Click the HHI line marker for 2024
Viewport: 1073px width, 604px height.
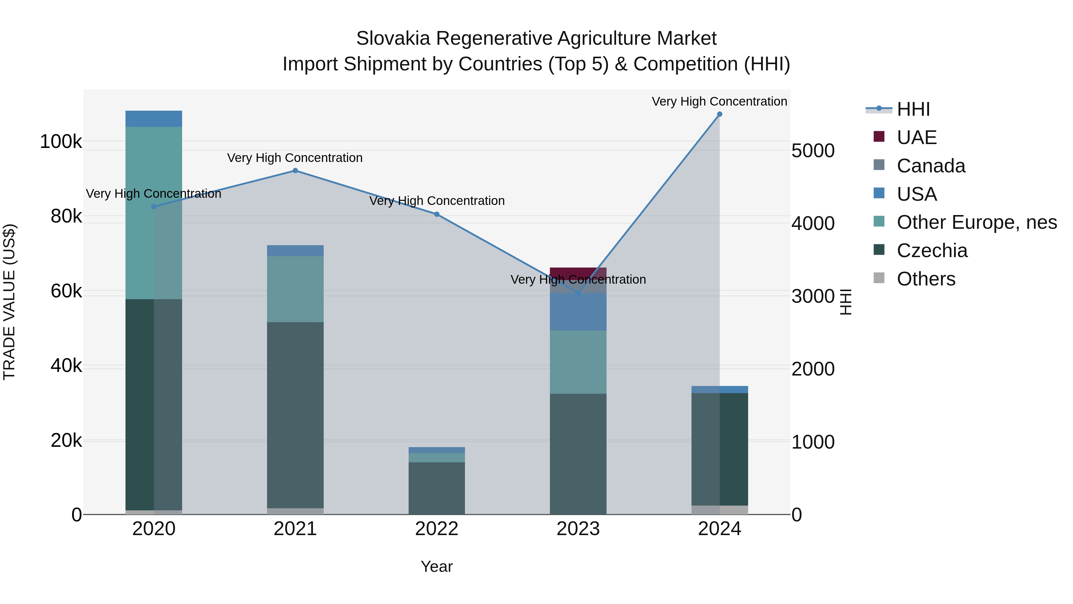tap(720, 114)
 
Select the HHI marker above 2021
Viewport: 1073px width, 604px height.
tap(295, 171)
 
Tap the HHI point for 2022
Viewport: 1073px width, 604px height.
tap(437, 214)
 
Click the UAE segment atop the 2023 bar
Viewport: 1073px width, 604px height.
tap(578, 273)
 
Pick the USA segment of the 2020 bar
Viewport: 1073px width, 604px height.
tap(154, 119)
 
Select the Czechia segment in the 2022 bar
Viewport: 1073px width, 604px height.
tap(437, 488)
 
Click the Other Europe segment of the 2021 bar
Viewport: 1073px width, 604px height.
tap(295, 289)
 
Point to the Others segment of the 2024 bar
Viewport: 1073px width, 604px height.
tap(720, 510)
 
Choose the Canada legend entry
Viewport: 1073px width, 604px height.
tap(931, 166)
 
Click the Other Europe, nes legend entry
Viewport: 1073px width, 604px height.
tap(976, 222)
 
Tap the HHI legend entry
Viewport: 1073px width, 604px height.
tap(913, 109)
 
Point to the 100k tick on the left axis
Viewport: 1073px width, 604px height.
tap(61, 142)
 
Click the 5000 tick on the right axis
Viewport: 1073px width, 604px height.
tap(813, 151)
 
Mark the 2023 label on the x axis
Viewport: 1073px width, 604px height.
tap(578, 529)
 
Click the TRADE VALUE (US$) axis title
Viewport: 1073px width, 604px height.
tap(9, 302)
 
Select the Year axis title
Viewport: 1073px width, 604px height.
tap(437, 566)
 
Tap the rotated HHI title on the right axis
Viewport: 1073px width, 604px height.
tap(846, 302)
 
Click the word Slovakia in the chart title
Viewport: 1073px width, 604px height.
tap(393, 38)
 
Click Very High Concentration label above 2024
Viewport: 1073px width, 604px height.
tap(720, 101)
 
